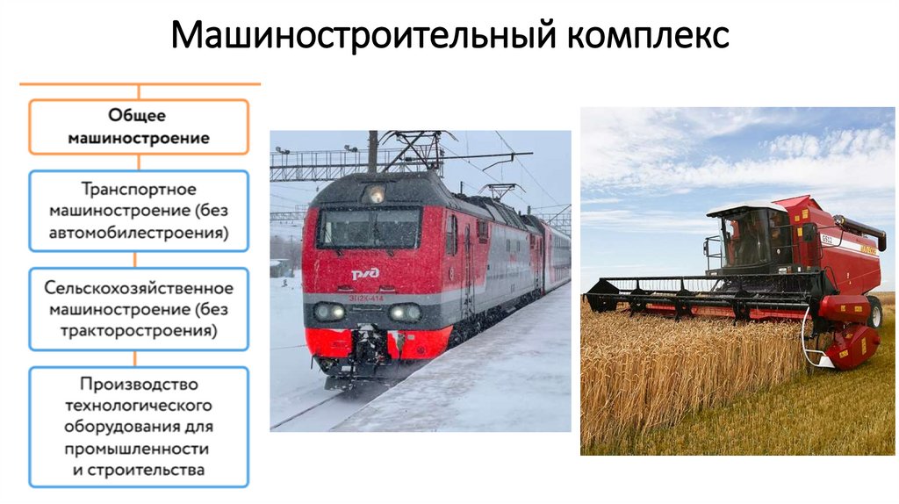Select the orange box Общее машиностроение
click(x=139, y=126)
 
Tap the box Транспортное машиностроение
click(x=139, y=211)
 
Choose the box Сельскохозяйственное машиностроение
click(x=139, y=310)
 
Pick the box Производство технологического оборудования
click(x=139, y=427)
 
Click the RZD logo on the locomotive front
click(x=365, y=274)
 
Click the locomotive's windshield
click(x=369, y=228)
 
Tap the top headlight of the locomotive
click(x=376, y=194)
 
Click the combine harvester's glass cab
click(x=746, y=237)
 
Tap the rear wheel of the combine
click(x=874, y=312)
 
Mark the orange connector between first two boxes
click(x=139, y=162)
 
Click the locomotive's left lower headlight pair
click(x=330, y=311)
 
